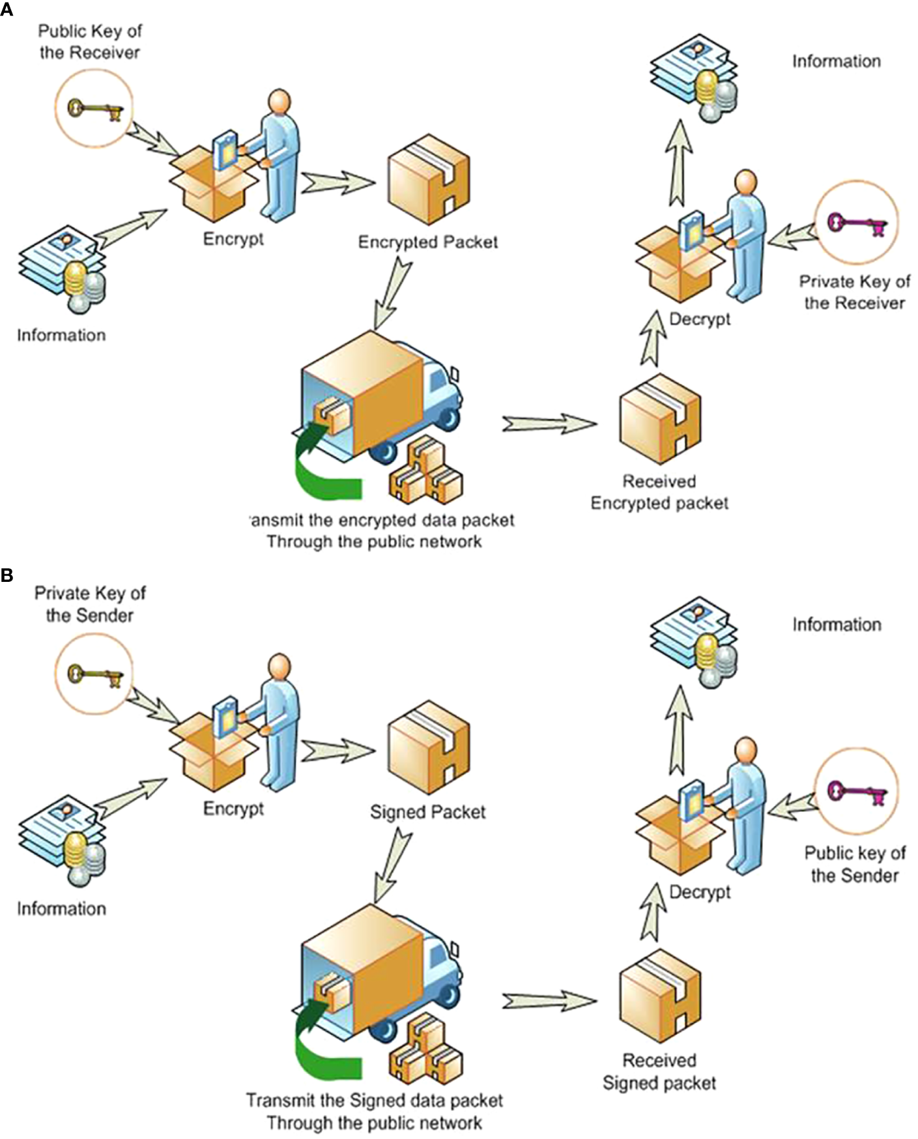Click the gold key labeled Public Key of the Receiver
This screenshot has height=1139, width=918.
94,108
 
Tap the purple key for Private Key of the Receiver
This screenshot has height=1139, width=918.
856,224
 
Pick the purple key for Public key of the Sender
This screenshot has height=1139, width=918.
856,792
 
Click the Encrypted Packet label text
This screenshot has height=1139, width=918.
427,242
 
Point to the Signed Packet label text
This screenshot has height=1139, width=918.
427,812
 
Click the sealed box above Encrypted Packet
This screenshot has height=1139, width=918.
428,179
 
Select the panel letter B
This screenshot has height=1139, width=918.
7,576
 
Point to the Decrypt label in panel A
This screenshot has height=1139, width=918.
700,319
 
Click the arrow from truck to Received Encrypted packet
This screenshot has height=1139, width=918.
549,424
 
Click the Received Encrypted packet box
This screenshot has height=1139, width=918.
659,418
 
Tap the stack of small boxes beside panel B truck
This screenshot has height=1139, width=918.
425,1049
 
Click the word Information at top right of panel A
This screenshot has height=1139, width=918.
836,61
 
